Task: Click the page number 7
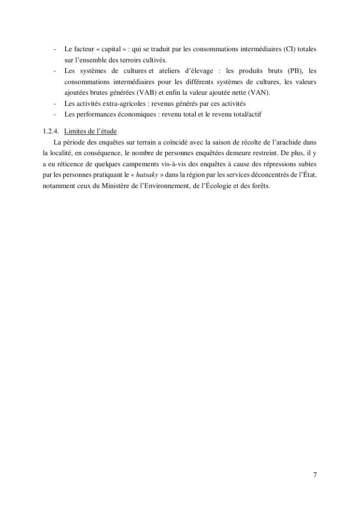(x=315, y=475)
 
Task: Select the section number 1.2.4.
(x=50, y=131)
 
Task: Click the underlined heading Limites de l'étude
(x=90, y=131)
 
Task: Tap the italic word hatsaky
(x=147, y=175)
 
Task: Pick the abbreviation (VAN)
(x=259, y=93)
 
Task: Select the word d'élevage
(x=195, y=71)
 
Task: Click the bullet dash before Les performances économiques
(x=56, y=115)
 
